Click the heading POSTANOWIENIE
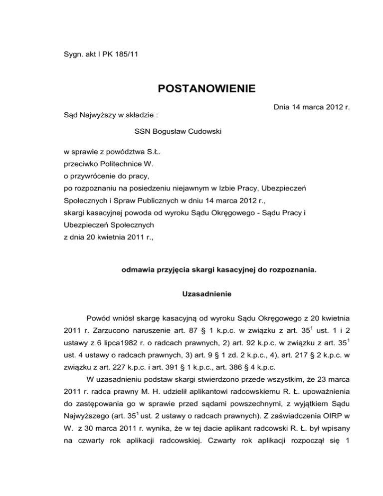[x=206, y=89]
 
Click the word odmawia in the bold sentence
[x=137, y=271]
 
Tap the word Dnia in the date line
[x=283, y=106]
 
